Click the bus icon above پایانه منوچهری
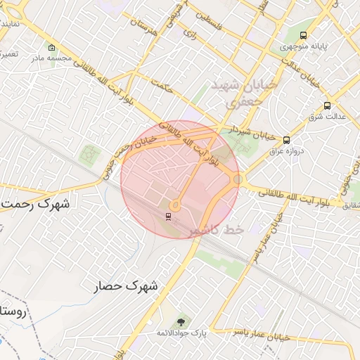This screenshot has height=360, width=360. (303, 35)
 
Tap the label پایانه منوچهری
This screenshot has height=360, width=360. (303, 46)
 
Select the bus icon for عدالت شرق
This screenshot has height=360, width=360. (327, 106)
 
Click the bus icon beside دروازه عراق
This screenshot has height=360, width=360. (286, 140)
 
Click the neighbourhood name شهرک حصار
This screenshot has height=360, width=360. (127, 286)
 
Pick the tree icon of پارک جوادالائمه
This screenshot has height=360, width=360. (182, 321)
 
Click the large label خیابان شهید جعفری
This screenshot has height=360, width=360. (245, 93)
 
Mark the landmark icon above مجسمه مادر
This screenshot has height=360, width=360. (51, 48)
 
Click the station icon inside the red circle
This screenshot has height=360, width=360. (168, 216)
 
